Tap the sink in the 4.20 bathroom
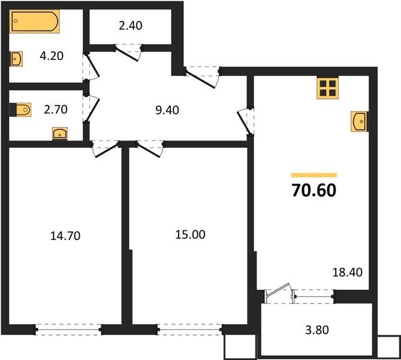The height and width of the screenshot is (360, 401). point(17,59)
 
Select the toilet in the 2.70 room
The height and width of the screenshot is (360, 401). point(21,109)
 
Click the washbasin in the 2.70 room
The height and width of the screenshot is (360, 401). point(59,133)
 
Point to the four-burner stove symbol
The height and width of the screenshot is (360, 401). point(327,88)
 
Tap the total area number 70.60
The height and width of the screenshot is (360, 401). point(313,191)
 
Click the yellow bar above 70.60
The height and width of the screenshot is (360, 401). point(313,175)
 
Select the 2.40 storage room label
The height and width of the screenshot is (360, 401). point(130,26)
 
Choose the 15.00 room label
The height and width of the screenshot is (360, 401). point(190,235)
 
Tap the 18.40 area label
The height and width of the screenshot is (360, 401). point(346,272)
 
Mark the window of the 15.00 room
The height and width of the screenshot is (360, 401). point(189,328)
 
